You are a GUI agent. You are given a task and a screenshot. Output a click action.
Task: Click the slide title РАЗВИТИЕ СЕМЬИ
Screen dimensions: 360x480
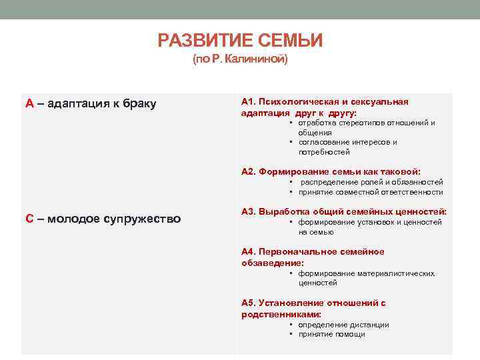240,41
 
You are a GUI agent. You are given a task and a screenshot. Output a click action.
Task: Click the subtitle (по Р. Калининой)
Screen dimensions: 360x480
240,60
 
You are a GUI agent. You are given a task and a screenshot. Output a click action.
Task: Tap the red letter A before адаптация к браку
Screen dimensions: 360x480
29,103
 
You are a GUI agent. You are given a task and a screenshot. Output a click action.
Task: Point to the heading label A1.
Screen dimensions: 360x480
248,102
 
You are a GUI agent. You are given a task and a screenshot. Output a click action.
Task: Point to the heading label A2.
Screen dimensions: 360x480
248,171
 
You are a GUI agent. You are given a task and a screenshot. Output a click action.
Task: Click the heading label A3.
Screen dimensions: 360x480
248,211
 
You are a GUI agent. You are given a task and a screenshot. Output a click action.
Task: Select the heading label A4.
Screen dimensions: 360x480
248,251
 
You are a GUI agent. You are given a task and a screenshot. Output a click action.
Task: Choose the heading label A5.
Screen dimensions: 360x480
248,303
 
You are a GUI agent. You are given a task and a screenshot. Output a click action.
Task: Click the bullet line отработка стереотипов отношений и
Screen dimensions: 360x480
367,123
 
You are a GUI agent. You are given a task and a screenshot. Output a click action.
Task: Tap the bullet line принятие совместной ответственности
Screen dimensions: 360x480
370,192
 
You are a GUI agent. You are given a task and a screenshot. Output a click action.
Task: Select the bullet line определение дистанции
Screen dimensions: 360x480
343,325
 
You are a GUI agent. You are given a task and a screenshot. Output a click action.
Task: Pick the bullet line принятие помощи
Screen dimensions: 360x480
331,335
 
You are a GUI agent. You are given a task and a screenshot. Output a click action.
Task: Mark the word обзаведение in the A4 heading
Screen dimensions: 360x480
268,263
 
